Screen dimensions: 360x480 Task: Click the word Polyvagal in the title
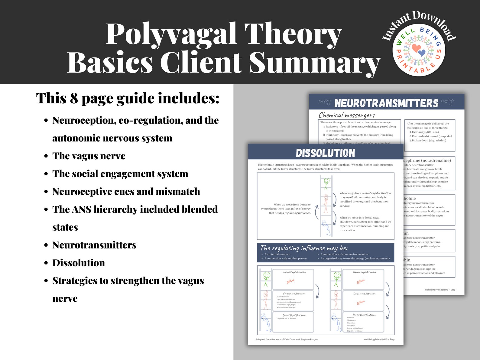click(x=171, y=34)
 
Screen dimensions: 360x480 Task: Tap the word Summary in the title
click(x=314, y=62)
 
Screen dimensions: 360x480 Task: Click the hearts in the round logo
click(x=419, y=50)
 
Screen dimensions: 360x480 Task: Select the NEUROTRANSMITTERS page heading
click(x=386, y=103)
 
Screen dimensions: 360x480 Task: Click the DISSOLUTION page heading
click(x=325, y=153)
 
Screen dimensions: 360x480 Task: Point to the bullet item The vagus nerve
click(x=89, y=156)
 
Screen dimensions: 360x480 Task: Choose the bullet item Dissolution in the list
click(x=79, y=263)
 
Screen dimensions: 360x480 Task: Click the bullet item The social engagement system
click(x=120, y=174)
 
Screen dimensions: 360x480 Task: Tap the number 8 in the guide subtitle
click(x=74, y=98)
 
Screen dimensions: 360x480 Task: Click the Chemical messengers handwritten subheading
click(x=347, y=115)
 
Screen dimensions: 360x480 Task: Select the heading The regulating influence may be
click(x=303, y=248)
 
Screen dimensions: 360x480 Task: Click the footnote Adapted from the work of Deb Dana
click(x=287, y=339)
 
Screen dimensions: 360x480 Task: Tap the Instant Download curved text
click(x=419, y=23)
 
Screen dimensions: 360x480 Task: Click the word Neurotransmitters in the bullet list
click(x=94, y=245)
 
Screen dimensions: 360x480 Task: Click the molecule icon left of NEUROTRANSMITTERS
click(x=325, y=102)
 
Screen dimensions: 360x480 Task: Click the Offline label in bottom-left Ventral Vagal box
click(x=290, y=281)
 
